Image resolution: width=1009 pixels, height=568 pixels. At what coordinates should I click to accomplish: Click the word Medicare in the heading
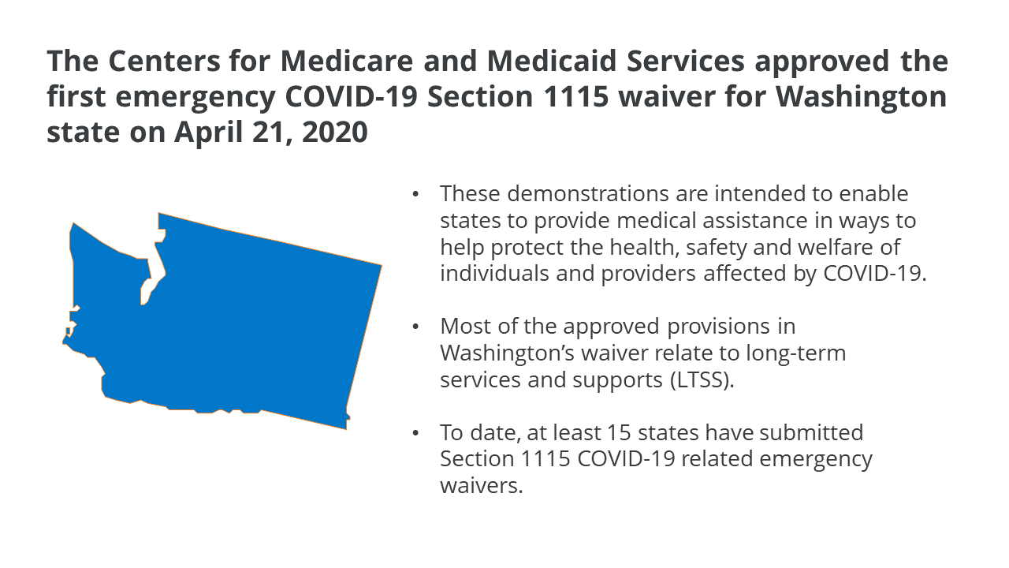[x=346, y=61]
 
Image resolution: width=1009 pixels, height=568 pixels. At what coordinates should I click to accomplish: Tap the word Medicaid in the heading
[x=552, y=61]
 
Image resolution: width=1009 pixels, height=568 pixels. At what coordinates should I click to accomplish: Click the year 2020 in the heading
[x=335, y=133]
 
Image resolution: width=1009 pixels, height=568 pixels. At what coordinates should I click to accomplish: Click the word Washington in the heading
[x=861, y=98]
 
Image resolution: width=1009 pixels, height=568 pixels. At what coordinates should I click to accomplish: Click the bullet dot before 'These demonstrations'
[x=415, y=195]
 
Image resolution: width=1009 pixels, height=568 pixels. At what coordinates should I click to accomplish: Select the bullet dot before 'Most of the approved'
[x=415, y=327]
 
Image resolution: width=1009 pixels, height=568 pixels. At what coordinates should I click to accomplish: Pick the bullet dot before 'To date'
[x=415, y=434]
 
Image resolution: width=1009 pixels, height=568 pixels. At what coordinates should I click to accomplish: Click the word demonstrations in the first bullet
[x=587, y=194]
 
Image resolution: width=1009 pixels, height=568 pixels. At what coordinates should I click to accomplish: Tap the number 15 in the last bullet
[x=619, y=433]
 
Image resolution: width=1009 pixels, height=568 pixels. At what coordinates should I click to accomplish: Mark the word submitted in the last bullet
[x=812, y=433]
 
